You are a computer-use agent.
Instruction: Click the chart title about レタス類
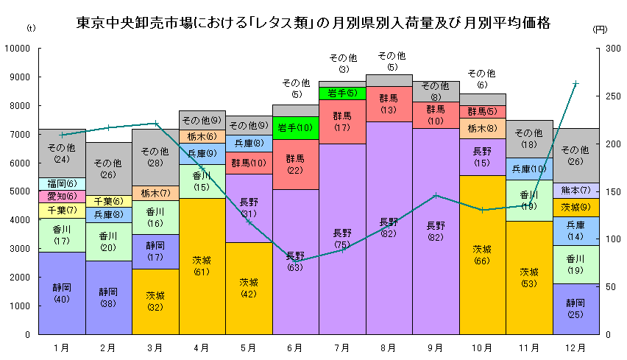pos(313,21)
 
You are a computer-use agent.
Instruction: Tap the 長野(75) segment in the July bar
pos(341,239)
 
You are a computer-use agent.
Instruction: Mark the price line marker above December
pos(575,83)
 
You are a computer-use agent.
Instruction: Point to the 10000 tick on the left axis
pos(20,48)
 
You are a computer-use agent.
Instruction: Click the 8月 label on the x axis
pos(389,347)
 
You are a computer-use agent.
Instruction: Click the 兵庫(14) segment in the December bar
pos(575,230)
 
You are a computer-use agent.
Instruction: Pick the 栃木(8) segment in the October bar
pos(482,128)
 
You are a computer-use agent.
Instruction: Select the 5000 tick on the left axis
pos(22,191)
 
